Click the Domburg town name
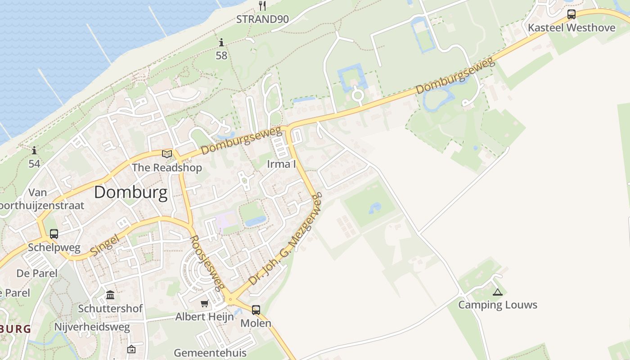(130, 193)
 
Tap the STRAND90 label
(262, 19)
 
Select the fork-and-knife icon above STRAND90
(262, 6)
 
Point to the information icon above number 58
(221, 43)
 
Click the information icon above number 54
(34, 150)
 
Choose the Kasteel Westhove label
(571, 27)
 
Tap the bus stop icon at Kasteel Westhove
(571, 14)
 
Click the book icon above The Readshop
(167, 154)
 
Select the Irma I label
(281, 164)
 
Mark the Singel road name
(104, 245)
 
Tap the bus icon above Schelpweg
(54, 234)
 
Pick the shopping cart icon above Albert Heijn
(205, 304)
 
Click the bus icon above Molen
(256, 310)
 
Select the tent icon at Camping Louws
(497, 292)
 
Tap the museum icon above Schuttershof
(110, 295)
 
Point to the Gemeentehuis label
(210, 352)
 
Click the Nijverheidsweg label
(92, 327)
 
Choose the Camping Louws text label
(497, 305)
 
